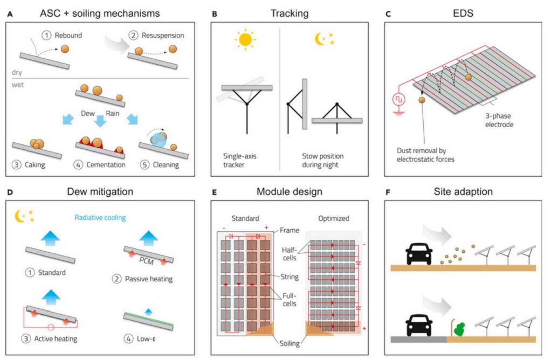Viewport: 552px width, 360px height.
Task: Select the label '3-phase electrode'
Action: pyautogui.click(x=499, y=119)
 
